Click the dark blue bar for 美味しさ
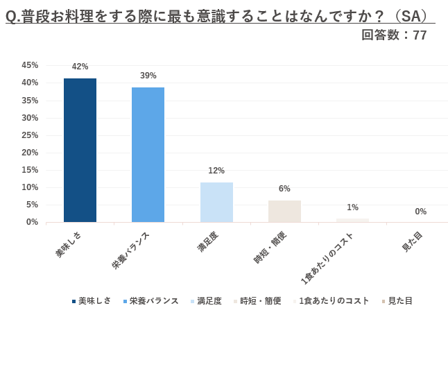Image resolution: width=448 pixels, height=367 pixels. (80, 150)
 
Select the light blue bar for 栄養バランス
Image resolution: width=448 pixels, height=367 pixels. (148, 155)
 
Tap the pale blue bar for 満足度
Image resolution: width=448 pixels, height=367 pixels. (216, 202)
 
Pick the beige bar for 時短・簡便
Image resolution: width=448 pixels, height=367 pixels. (284, 211)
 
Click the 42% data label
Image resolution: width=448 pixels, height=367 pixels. (80, 67)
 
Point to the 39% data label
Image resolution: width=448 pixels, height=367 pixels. (148, 76)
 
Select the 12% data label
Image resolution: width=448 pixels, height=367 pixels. (216, 171)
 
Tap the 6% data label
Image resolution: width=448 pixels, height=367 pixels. (284, 189)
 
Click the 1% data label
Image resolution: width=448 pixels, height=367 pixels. (352, 207)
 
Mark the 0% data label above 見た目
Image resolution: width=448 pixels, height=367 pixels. (420, 212)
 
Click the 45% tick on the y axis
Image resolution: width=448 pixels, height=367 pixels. (30, 65)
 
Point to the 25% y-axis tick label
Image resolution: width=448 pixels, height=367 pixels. (30, 135)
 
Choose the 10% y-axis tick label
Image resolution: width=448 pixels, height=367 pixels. (30, 187)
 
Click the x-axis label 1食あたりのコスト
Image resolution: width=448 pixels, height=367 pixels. (327, 257)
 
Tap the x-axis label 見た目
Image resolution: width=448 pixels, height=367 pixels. (412, 241)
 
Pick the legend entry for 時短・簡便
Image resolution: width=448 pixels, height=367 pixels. (260, 301)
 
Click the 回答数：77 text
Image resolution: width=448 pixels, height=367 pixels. (394, 35)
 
